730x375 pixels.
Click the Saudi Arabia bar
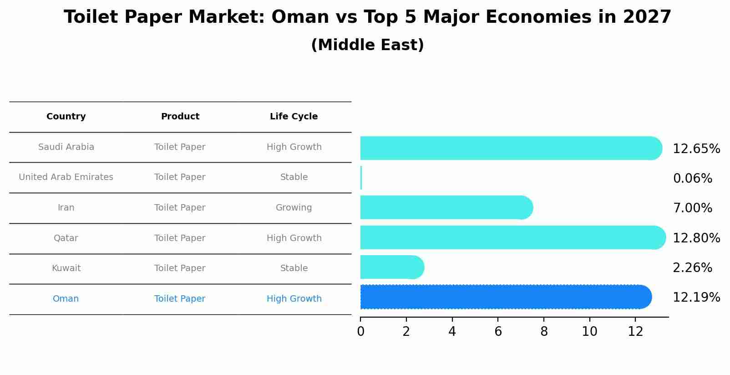[510, 148]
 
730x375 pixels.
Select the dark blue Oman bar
[505, 297]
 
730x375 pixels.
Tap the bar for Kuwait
[391, 267]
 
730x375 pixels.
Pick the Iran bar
[446, 208]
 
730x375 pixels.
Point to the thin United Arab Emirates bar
[361, 178]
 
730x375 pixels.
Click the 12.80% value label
[696, 238]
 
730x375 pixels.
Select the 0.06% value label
[692, 179]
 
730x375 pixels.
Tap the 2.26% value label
[692, 268]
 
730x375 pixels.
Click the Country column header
[66, 117]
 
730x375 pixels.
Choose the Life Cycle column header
[294, 117]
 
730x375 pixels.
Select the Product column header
[180, 117]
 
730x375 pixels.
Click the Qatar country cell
[66, 238]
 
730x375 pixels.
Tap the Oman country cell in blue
[66, 299]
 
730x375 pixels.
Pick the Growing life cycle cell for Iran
[294, 208]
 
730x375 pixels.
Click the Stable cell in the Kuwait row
[294, 268]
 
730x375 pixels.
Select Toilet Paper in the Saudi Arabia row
[180, 147]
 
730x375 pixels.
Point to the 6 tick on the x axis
[498, 332]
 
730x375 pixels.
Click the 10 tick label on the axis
[589, 332]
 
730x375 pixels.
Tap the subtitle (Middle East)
[367, 45]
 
